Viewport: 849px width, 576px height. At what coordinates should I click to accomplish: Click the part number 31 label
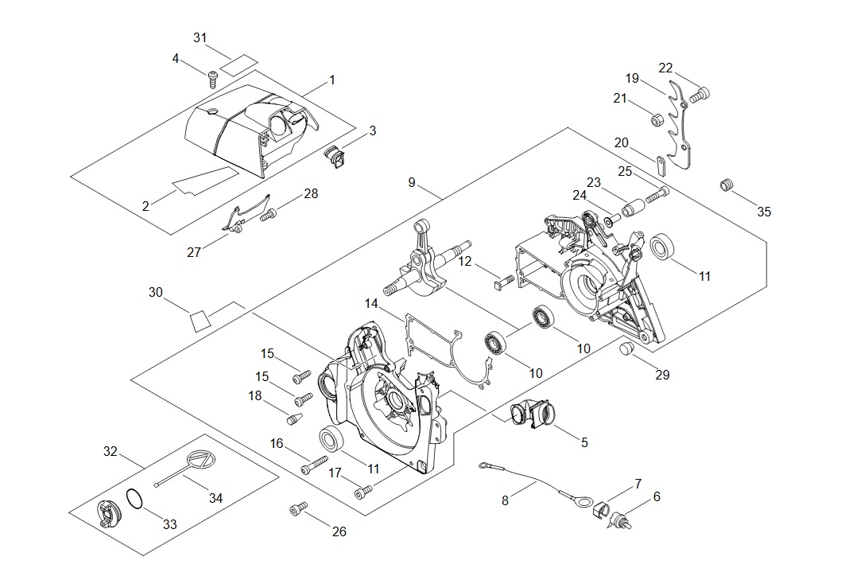pyautogui.click(x=200, y=37)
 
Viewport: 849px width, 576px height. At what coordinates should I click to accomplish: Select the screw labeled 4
pyautogui.click(x=213, y=77)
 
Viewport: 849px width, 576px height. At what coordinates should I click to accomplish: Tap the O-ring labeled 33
pyautogui.click(x=135, y=500)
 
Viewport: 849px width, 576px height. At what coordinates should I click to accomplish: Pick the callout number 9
pyautogui.click(x=412, y=182)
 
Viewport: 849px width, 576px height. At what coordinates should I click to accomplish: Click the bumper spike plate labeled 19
pyautogui.click(x=678, y=127)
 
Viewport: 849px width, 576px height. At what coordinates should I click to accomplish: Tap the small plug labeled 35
pyautogui.click(x=725, y=186)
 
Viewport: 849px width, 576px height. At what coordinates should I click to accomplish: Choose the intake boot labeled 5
pyautogui.click(x=528, y=414)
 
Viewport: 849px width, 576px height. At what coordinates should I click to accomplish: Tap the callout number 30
pyautogui.click(x=155, y=293)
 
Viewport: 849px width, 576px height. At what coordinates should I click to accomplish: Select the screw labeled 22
pyautogui.click(x=699, y=95)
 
